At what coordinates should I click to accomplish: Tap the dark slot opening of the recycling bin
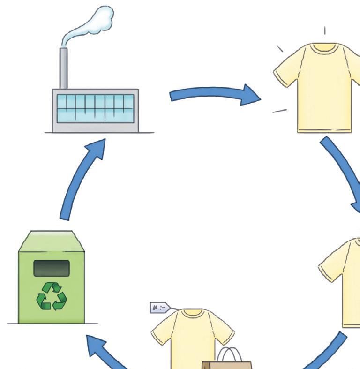[52, 268]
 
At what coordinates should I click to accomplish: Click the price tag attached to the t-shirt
[157, 308]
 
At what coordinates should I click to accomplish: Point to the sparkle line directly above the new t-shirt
[324, 31]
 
